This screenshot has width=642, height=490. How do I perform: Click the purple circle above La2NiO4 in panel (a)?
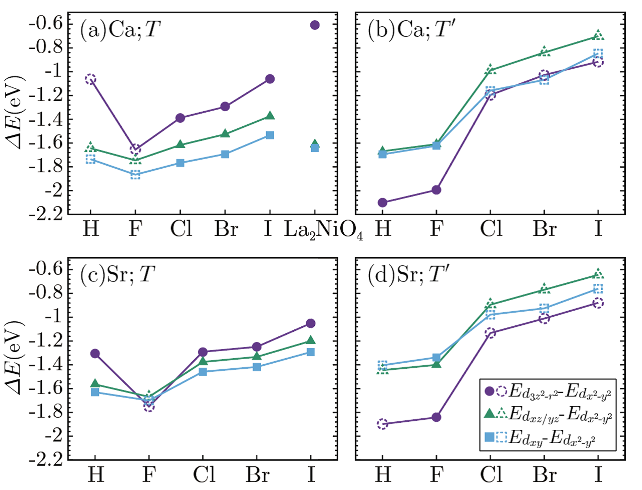pos(315,25)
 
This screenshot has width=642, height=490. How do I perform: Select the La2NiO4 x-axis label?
pos(324,230)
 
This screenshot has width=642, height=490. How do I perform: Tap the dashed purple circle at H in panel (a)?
pos(90,79)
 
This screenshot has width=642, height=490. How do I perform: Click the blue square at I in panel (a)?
pos(270,135)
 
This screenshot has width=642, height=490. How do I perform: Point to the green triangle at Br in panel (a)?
pos(225,133)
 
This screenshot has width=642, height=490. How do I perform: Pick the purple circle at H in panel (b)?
pos(383,203)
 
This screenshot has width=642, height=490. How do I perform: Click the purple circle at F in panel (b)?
pos(436,190)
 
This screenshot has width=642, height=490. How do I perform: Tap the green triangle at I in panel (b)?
pos(598,35)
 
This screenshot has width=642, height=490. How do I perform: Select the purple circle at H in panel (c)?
pos(95,354)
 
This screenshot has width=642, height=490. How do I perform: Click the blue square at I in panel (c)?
pos(311,352)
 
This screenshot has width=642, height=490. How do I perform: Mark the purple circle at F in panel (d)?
pos(436,417)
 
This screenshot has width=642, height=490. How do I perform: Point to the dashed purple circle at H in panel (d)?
pos(383,424)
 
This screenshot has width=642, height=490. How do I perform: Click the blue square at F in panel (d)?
pos(436,357)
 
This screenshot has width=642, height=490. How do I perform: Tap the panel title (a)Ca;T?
pos(120,30)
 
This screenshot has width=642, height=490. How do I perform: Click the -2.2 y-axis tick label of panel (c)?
pos(45,460)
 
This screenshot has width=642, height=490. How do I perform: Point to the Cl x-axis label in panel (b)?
pos(491,229)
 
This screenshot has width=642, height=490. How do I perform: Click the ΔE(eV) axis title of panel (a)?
pos(14,112)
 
